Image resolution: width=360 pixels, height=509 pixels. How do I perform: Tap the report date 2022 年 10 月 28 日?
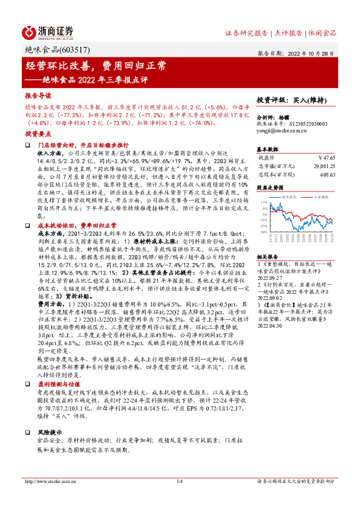[x=312, y=53]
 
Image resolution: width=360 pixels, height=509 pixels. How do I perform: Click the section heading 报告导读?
[x=38, y=96]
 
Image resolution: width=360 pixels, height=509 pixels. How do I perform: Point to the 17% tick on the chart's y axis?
[x=262, y=203]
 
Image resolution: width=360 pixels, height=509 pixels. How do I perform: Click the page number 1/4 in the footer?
[x=179, y=498]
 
